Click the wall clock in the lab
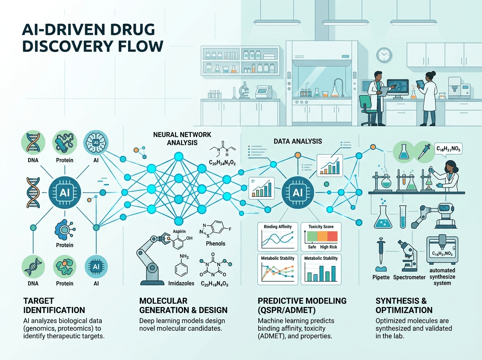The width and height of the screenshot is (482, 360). (x=384, y=55)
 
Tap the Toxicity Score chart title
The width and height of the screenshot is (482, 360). (x=321, y=227)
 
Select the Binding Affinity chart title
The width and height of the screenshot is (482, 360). (x=278, y=227)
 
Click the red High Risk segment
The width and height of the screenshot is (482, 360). (x=332, y=236)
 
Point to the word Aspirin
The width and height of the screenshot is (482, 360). (x=179, y=231)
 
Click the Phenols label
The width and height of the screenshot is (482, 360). (x=215, y=243)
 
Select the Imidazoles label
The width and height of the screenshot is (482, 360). (x=181, y=283)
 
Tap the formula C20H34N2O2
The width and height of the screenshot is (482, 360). (x=222, y=163)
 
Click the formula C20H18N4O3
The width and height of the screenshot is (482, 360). (x=214, y=284)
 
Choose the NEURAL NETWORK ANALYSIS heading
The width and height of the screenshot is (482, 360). (x=182, y=139)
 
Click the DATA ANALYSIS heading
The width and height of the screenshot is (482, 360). (x=298, y=141)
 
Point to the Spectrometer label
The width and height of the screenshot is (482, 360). (x=409, y=277)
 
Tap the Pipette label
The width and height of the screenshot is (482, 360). (x=381, y=277)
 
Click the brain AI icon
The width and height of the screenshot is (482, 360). (x=96, y=143)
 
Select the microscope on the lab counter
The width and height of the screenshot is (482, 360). (x=243, y=90)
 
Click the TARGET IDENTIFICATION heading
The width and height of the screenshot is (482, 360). (x=54, y=305)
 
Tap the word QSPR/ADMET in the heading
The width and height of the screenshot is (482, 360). (x=286, y=310)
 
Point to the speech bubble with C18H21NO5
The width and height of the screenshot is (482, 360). (x=448, y=149)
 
